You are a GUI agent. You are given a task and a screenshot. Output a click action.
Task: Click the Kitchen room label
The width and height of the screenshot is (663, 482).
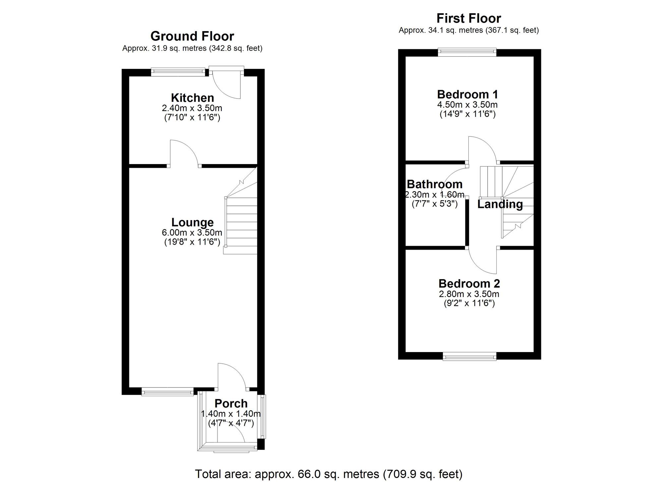[192, 98]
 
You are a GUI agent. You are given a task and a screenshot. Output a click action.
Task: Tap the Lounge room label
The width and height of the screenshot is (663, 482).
[192, 222]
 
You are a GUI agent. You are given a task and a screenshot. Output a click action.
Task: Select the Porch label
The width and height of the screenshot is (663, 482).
[231, 403]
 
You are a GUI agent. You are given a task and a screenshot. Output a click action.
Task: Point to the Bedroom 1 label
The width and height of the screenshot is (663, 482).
[467, 94]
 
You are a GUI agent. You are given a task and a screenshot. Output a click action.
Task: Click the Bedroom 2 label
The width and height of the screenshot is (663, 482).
[469, 283]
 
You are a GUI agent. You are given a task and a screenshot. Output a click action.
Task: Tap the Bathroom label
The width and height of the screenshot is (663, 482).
[435, 184]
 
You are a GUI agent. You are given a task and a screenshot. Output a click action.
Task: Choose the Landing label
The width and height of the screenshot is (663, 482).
[500, 204]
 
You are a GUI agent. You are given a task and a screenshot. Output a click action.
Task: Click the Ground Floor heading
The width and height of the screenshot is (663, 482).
[192, 36]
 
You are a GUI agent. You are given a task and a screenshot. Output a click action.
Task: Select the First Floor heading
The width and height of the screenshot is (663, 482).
[469, 18]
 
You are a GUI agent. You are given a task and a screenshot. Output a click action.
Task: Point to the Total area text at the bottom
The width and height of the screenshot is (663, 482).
[328, 474]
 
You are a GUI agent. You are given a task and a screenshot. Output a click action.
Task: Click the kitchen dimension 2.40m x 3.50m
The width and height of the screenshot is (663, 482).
[192, 108]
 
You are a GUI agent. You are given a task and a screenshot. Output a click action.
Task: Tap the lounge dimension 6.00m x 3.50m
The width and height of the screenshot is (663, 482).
[192, 232]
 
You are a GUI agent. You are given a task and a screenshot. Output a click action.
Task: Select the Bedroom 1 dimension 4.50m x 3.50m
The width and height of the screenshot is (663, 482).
[467, 105]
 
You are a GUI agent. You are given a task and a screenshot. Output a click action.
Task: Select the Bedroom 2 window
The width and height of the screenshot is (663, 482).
[469, 357]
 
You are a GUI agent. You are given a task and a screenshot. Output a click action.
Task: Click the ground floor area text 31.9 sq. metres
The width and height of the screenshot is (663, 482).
[192, 48]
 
